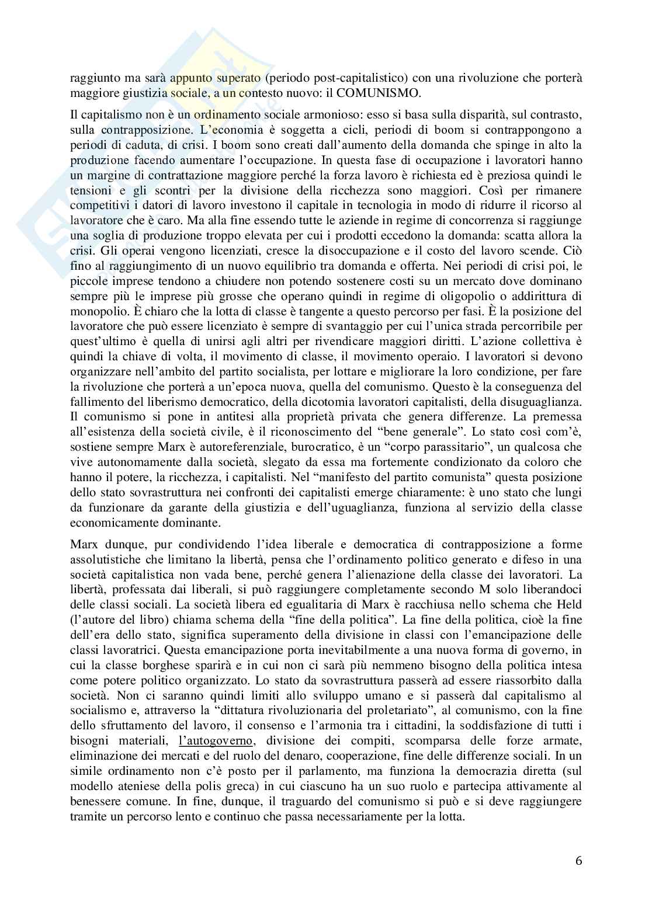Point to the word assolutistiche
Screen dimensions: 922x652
103,558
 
